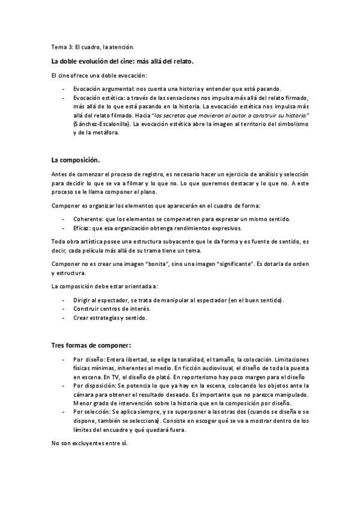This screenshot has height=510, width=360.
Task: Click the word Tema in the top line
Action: click(x=58, y=47)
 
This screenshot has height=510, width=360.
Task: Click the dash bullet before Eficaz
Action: click(x=64, y=229)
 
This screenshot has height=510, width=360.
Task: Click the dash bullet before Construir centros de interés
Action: click(x=64, y=309)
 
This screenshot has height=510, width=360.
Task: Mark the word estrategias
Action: click(x=103, y=318)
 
